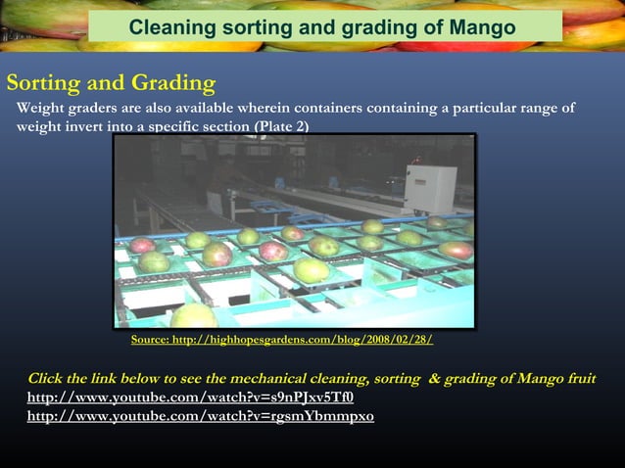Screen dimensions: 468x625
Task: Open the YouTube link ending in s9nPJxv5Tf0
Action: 190,398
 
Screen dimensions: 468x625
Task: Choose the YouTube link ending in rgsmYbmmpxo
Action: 200,416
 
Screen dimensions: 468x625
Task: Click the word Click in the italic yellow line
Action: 48,379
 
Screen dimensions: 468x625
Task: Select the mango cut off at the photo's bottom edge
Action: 194,315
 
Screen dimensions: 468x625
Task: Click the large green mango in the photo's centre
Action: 312,269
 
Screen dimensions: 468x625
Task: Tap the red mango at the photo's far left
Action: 142,245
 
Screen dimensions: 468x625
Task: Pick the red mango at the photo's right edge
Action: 456,250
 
